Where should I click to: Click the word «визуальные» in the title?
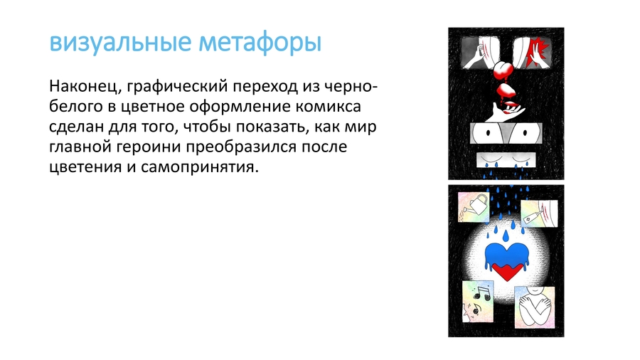[120, 43]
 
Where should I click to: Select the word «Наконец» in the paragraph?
[85, 87]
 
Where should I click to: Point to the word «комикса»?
[328, 107]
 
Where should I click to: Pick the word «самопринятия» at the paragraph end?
[200, 167]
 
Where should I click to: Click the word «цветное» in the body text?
[153, 107]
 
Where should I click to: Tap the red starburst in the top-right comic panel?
[538, 52]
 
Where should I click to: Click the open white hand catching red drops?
[503, 112]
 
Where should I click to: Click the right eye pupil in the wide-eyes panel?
[526, 133]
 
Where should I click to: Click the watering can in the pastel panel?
[476, 204]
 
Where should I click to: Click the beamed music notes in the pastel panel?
[483, 293]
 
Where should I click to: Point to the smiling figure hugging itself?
[535, 306]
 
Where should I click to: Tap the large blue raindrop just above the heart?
[506, 235]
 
